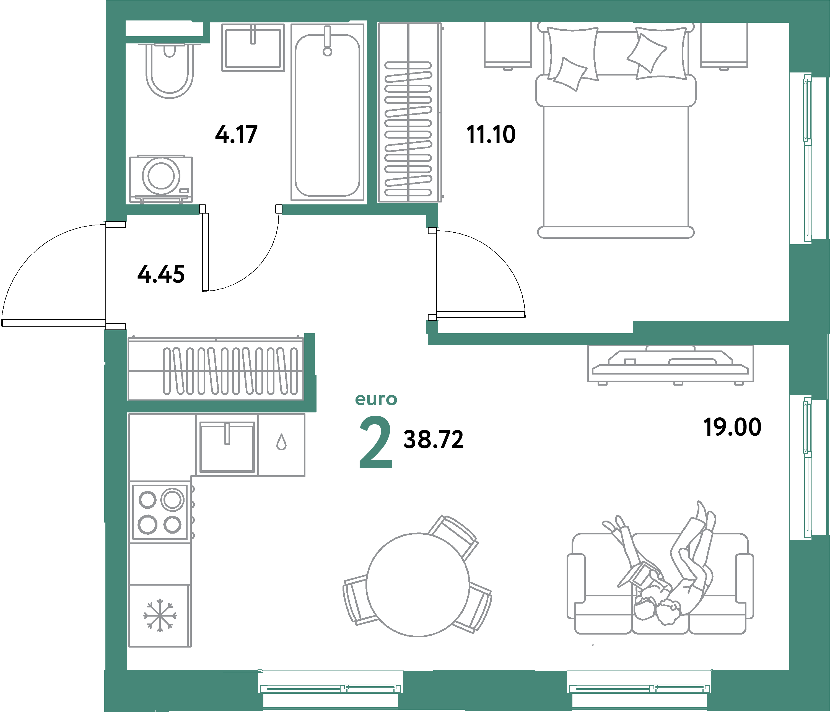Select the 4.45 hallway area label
[x=161, y=274]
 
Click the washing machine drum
[x=161, y=175]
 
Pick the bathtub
[x=327, y=116]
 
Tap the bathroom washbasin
[x=253, y=48]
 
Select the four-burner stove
[x=160, y=512]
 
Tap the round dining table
[x=418, y=585]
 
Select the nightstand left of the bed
[x=507, y=45]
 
